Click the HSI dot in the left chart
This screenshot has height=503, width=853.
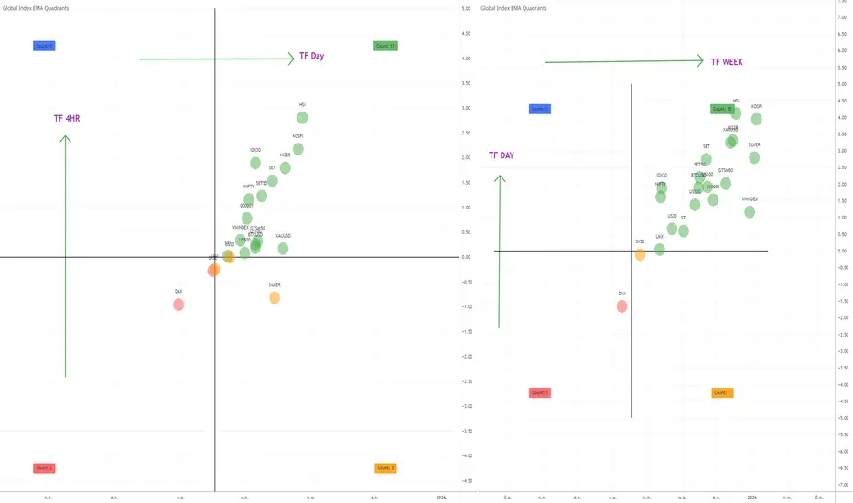coord(302,117)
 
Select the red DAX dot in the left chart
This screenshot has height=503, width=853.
coord(178,304)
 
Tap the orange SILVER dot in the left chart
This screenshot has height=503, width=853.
coord(275,297)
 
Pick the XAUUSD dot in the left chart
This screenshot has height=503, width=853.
coord(283,248)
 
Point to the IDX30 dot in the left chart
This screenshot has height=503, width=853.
coord(255,163)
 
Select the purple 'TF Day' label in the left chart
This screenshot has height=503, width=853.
coord(311,56)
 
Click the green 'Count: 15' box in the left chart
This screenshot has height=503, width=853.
coord(385,46)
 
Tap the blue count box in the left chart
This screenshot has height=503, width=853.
coord(44,45)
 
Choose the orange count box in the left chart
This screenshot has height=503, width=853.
coord(385,467)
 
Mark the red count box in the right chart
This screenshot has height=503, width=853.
coord(539,392)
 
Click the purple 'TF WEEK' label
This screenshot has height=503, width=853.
coord(727,62)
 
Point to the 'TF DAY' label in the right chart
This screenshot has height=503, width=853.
coord(501,155)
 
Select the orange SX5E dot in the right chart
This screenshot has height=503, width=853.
coord(640,253)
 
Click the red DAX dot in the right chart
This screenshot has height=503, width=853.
coord(622,305)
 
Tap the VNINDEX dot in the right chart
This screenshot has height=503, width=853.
coord(750,211)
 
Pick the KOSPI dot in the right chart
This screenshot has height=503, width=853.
coord(757,119)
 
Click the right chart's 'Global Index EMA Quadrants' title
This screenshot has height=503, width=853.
coord(514,7)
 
